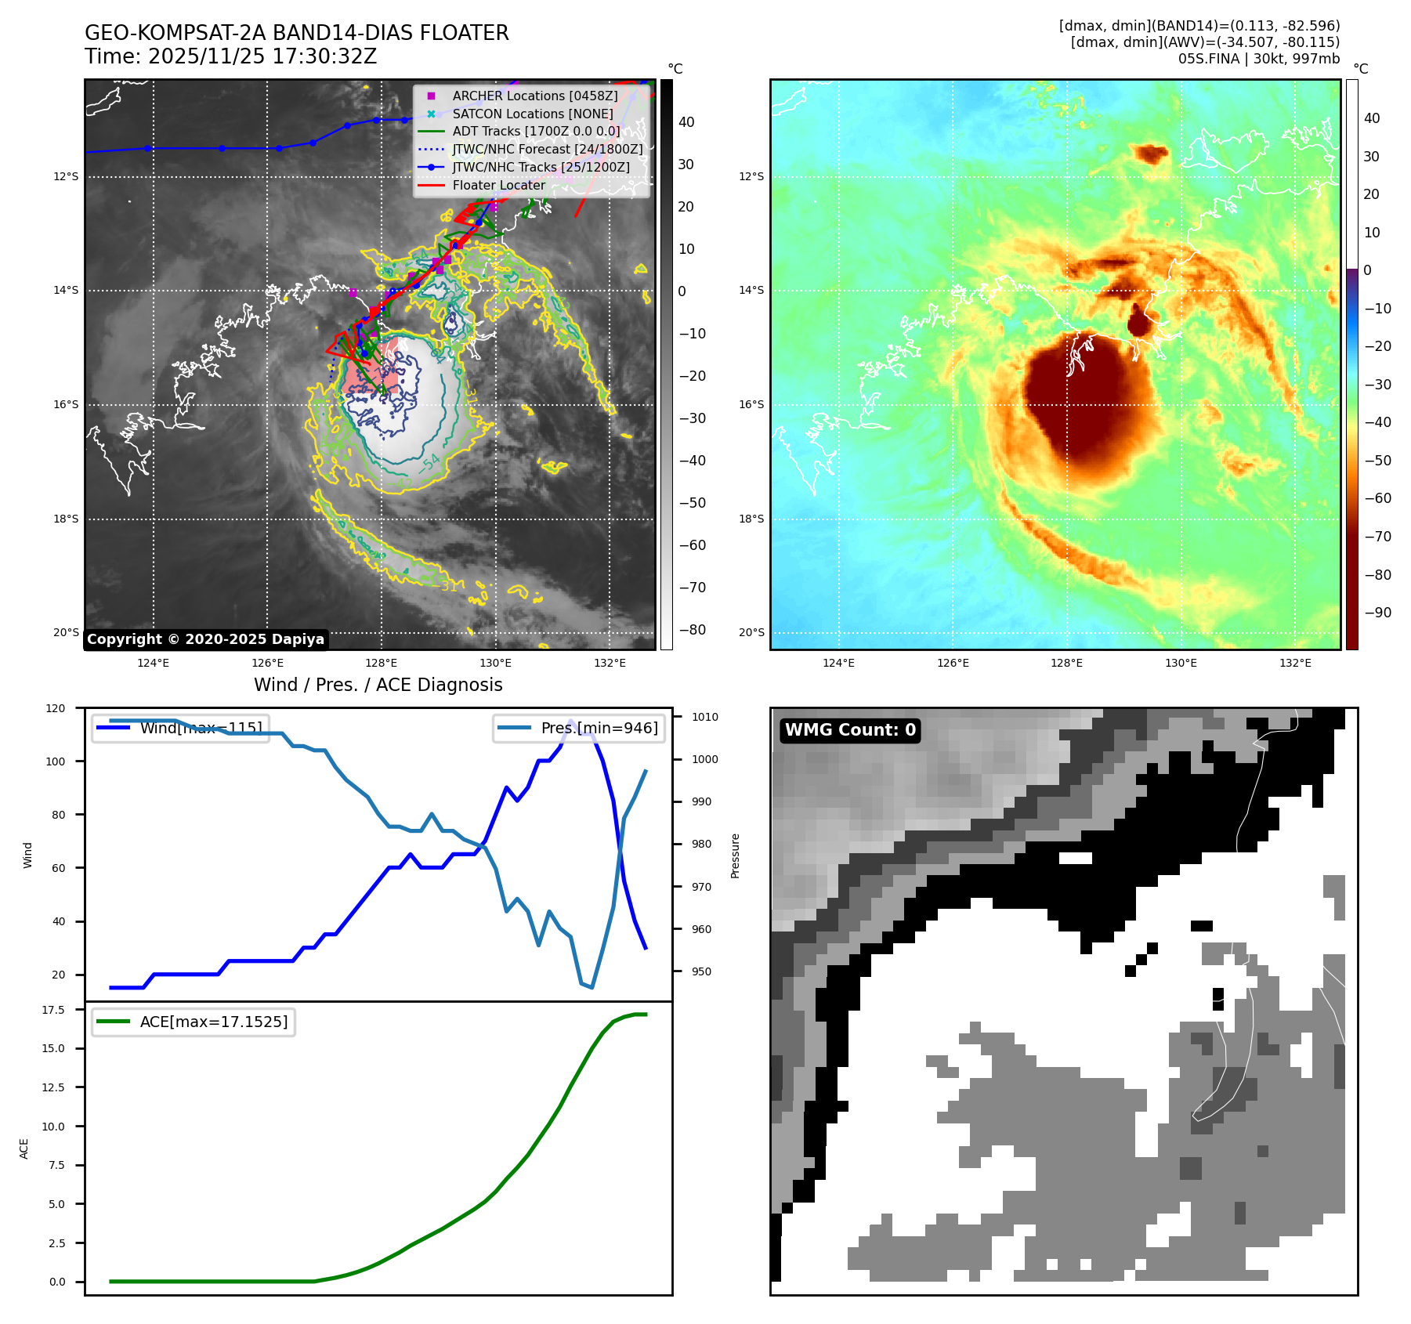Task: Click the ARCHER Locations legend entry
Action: point(534,96)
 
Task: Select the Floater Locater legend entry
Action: point(498,186)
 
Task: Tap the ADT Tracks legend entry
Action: point(536,132)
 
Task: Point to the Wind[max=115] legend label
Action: point(201,728)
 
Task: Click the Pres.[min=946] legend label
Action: point(599,728)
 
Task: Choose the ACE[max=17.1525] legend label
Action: point(213,1022)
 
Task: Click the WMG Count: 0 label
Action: point(850,730)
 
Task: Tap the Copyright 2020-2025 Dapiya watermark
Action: point(205,639)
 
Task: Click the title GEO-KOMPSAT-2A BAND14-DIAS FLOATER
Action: point(296,33)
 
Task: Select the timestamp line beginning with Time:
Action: point(230,56)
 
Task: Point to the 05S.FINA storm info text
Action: point(1258,59)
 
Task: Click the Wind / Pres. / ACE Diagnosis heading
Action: point(378,685)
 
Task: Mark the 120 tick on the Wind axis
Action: point(56,708)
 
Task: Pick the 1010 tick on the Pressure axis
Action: point(704,717)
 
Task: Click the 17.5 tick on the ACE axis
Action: point(53,1010)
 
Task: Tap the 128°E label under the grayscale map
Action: point(382,663)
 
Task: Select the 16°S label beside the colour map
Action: point(751,405)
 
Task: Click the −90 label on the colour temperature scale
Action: point(1377,613)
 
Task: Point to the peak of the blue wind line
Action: point(570,721)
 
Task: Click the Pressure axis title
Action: point(735,856)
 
